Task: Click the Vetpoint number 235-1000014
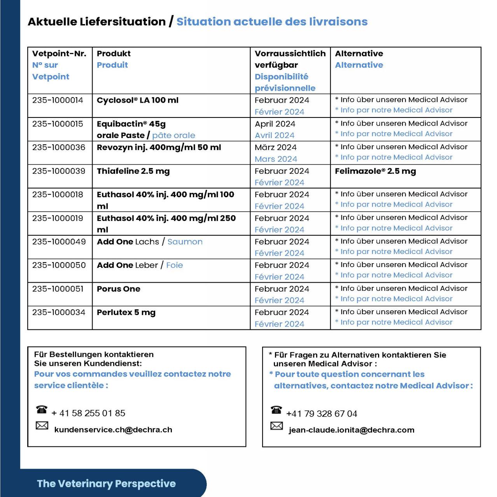(x=58, y=100)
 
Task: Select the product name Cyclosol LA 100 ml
(x=137, y=100)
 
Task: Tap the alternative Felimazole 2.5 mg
(x=375, y=171)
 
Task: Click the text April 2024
(x=275, y=124)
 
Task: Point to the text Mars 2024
(x=276, y=159)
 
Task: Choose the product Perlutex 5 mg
(x=126, y=312)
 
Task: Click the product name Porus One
(x=119, y=289)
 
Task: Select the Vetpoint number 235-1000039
(x=59, y=171)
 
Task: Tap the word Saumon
(x=185, y=242)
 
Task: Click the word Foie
(x=174, y=265)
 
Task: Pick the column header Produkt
(x=114, y=54)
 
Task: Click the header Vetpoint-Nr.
(x=59, y=54)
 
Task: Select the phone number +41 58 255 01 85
(x=88, y=413)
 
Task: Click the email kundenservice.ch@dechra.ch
(x=113, y=430)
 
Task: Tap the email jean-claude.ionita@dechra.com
(x=352, y=430)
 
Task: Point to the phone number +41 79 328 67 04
(x=322, y=414)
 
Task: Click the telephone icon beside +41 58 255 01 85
(x=42, y=409)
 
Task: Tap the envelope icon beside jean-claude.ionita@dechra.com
(x=276, y=426)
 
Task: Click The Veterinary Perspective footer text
(x=107, y=484)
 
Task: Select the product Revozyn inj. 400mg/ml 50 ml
(x=159, y=147)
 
